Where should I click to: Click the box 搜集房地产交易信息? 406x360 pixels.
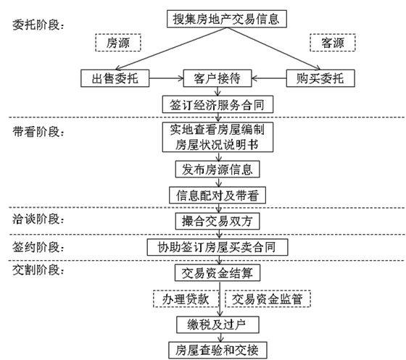(227, 19)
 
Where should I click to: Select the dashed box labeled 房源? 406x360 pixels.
(118, 43)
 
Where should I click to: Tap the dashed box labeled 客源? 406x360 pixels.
(333, 43)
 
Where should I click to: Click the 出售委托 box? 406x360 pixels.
(115, 78)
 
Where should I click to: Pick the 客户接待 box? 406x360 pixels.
(217, 78)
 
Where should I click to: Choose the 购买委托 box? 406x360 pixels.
(320, 78)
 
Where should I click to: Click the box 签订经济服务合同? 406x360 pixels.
(217, 104)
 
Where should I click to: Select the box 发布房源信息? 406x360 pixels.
(217, 169)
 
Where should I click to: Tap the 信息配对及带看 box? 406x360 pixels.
(217, 195)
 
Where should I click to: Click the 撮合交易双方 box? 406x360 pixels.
(217, 221)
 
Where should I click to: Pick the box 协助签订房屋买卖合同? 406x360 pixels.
(217, 247)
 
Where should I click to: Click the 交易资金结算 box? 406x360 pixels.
(217, 272)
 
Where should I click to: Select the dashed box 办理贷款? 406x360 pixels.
(186, 299)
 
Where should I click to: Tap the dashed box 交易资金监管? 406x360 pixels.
(268, 299)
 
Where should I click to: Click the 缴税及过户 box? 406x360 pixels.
(217, 325)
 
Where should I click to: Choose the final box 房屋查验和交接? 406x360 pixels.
(217, 351)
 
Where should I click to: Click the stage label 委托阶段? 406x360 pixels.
(38, 25)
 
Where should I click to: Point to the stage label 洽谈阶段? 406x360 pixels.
(38, 219)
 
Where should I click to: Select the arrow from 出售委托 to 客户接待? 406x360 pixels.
(166, 78)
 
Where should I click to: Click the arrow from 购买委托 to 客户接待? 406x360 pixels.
(269, 78)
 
